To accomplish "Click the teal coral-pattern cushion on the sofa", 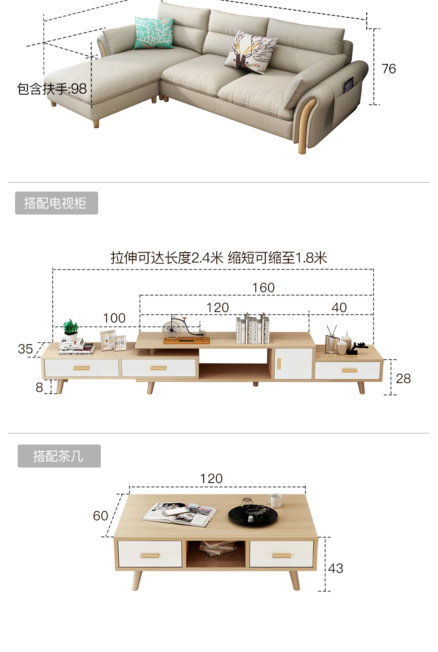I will point(154,33).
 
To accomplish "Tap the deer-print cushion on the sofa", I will point(250,52).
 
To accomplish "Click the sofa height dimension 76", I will point(388,69).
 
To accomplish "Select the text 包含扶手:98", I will point(52,89).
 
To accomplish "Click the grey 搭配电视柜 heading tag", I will point(56,203).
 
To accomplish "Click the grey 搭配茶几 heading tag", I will point(59,456).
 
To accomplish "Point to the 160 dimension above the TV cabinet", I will point(263,288).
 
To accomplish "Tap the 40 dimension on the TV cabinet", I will point(339,308).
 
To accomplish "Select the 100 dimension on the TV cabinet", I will point(114,318).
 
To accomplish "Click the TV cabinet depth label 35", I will point(25,349).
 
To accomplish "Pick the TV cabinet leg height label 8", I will point(39,387).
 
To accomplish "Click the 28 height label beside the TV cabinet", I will point(403,379).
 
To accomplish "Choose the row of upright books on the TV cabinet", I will point(253,330).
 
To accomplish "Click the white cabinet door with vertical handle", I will point(293,364).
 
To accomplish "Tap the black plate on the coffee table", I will point(253,515).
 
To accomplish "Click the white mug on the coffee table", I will point(275,500).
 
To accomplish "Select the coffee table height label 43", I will point(335,568).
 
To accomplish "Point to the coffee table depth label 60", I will point(100,516).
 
